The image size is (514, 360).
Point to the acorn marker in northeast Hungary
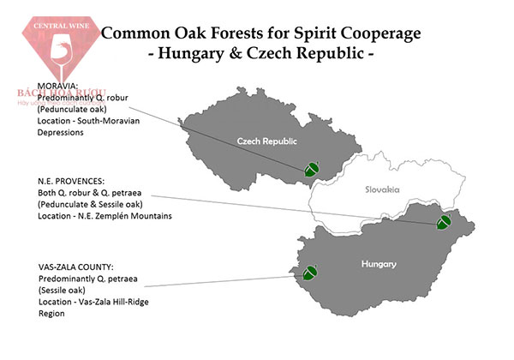click(444, 223)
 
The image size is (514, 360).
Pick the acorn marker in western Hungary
click(310, 272)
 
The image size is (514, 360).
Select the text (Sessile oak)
click(66, 290)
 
